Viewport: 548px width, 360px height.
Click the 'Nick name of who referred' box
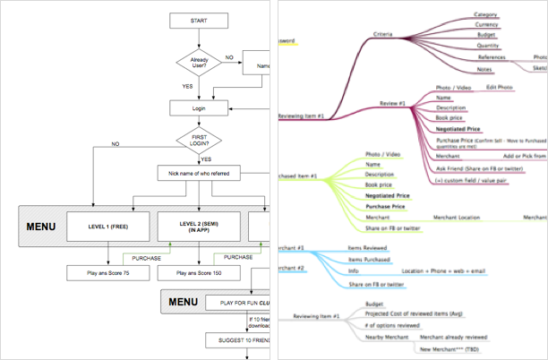[199, 172]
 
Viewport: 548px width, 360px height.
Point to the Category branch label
[485, 14]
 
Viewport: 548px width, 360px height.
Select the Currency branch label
[486, 25]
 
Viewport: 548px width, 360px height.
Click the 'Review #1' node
[393, 104]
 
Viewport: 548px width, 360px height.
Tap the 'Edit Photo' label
[499, 87]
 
